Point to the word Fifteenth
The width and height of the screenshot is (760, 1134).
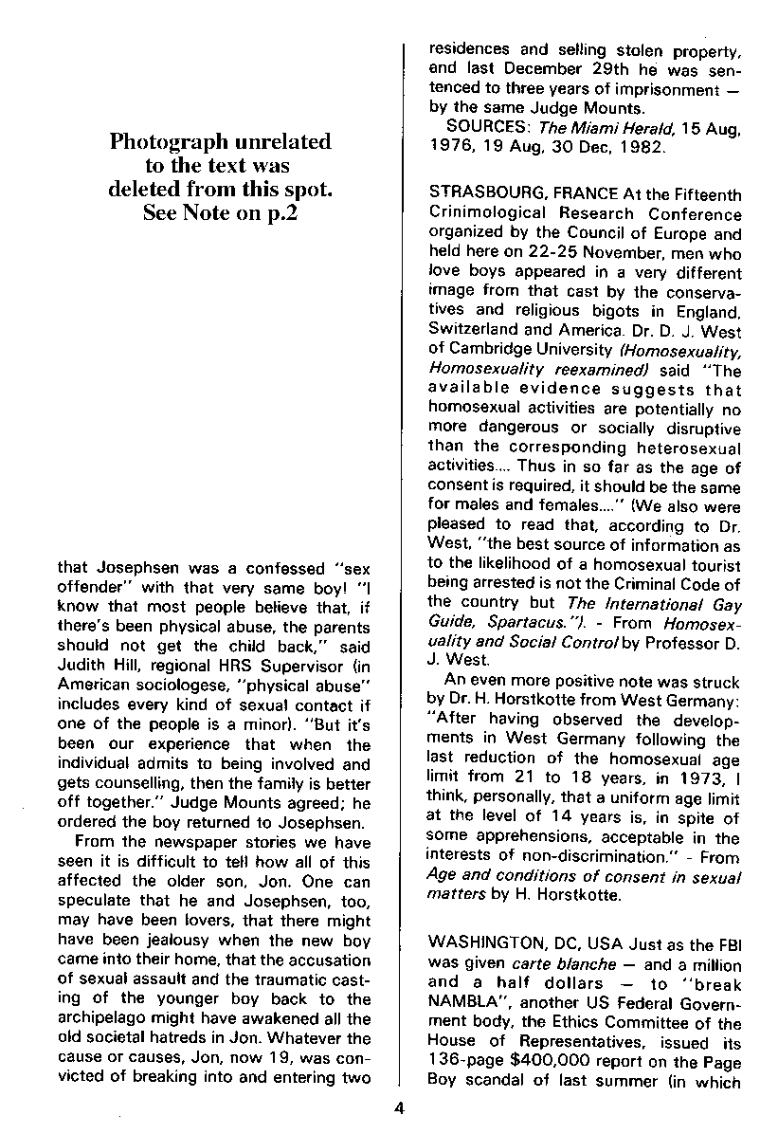(x=703, y=194)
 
